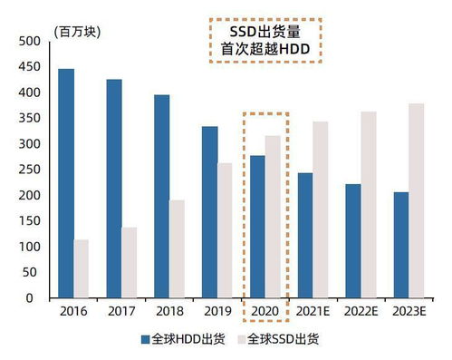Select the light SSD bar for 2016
click(82, 268)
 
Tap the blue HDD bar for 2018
click(162, 196)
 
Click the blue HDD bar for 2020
click(257, 227)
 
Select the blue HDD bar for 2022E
click(352, 241)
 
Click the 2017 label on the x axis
click(121, 312)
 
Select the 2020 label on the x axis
click(264, 312)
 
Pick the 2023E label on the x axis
click(409, 312)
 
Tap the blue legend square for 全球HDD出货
click(145, 340)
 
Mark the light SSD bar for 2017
click(130, 262)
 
